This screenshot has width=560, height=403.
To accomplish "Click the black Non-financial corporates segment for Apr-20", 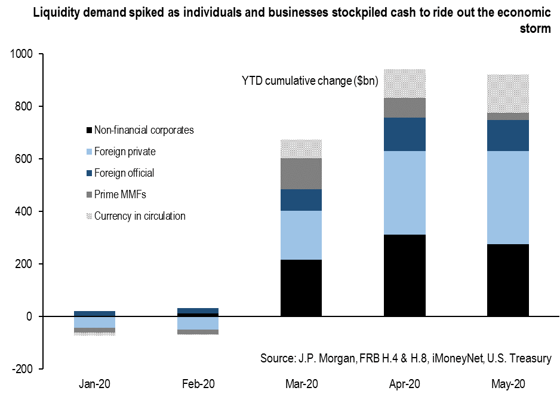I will point(404,275).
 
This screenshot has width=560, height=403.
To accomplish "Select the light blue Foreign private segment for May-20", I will point(507,198).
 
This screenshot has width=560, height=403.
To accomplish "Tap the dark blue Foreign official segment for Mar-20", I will point(301,200).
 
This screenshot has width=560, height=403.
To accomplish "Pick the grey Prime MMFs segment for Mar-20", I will point(301,174).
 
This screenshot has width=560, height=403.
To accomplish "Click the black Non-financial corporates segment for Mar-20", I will point(301,288).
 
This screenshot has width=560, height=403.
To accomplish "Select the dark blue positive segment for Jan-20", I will point(94,313).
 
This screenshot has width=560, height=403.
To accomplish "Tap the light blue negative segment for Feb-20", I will point(198,323).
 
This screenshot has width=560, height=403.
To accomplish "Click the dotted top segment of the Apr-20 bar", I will point(404,84).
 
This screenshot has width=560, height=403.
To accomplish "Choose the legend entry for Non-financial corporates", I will point(144,130).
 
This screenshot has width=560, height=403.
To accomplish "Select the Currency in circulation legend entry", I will point(140,216).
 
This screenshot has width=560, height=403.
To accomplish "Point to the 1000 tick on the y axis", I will point(23,54).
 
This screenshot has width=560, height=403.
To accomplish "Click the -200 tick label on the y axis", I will point(24,369).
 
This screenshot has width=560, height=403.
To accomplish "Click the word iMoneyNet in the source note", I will point(461,358).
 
